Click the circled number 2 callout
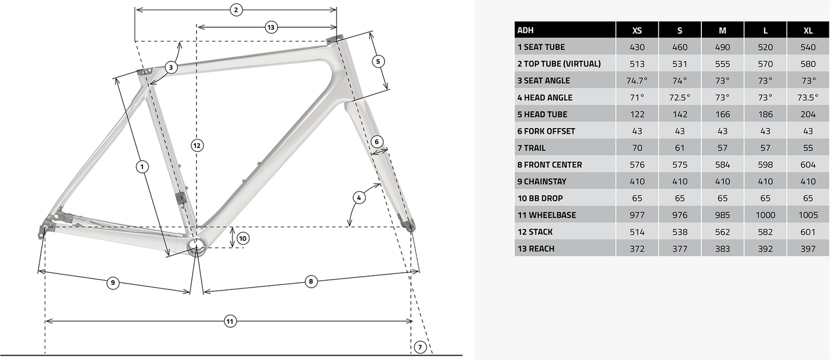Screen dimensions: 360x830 236,10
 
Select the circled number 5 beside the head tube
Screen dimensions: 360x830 377,61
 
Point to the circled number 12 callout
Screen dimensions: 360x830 197,146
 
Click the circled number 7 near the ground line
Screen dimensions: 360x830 420,347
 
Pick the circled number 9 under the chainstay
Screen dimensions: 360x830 113,282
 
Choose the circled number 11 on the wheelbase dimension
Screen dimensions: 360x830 230,322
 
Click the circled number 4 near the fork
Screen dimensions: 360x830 358,198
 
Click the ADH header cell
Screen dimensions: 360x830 525,30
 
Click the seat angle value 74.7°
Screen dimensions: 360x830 637,80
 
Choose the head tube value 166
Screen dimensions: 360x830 723,114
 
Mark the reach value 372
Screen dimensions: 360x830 637,249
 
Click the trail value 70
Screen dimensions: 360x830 637,148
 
